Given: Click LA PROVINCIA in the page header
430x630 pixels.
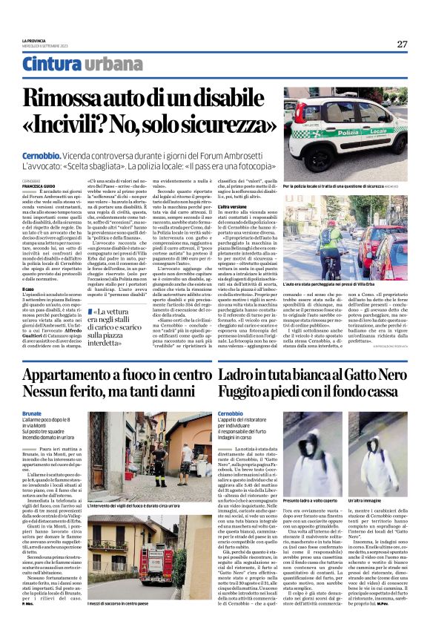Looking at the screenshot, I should tap(33, 40).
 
